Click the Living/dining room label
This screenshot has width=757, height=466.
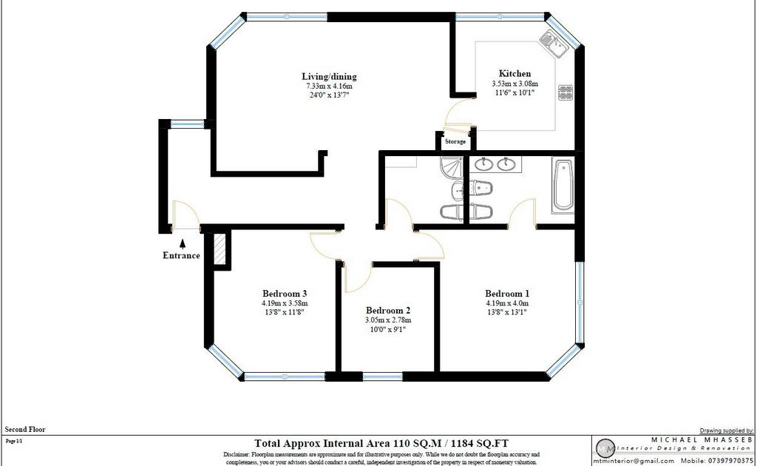point(329,76)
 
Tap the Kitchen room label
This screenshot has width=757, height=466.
point(515,73)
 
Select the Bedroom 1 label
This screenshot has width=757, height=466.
point(507,293)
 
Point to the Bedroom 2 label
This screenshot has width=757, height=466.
point(387,310)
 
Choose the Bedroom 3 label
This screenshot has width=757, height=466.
point(285,293)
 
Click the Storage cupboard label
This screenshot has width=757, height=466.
point(455,141)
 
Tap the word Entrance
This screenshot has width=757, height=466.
point(181,255)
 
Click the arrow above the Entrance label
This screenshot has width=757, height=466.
point(183,244)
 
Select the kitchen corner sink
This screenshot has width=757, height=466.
point(553,43)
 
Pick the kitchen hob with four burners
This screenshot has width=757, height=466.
point(566,92)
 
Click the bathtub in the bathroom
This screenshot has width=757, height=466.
point(563,186)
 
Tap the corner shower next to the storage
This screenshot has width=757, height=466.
point(451,167)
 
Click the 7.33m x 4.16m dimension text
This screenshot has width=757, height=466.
point(329,86)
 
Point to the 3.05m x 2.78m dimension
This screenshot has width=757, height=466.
point(387,320)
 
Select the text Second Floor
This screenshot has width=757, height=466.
point(25,429)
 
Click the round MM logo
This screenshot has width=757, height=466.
point(605,449)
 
